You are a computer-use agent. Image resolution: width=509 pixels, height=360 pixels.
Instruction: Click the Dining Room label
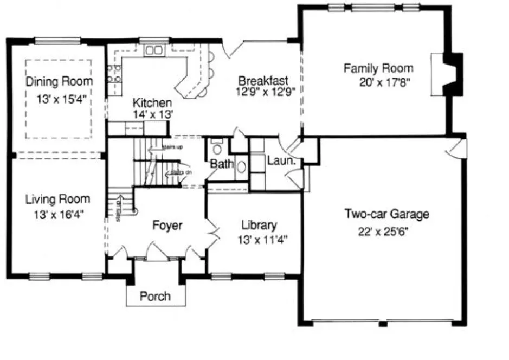pyautogui.click(x=60, y=81)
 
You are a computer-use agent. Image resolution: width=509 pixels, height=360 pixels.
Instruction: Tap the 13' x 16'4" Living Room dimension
pyautogui.click(x=57, y=214)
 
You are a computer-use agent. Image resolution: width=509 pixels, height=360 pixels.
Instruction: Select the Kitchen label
pyautogui.click(x=153, y=103)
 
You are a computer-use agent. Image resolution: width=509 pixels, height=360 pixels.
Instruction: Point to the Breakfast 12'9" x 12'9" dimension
pyautogui.click(x=265, y=92)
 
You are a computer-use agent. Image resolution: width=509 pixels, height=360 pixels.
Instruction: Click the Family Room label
pyautogui.click(x=378, y=68)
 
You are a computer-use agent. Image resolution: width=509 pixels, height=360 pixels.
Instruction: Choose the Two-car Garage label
pyautogui.click(x=386, y=214)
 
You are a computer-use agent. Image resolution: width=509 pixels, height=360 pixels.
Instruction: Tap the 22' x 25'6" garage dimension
pyautogui.click(x=384, y=230)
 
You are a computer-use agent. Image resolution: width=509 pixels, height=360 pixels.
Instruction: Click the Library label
pyautogui.click(x=259, y=225)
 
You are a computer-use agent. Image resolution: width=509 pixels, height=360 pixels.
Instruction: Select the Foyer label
pyautogui.click(x=166, y=225)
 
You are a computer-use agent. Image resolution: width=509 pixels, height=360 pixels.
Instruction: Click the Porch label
pyautogui.click(x=155, y=296)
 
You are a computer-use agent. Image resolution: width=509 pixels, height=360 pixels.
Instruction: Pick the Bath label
pyautogui.click(x=221, y=163)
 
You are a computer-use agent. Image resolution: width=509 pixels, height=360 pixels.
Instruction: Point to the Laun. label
pyautogui.click(x=281, y=161)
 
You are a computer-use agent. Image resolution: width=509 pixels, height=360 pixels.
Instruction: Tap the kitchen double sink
pyautogui.click(x=154, y=50)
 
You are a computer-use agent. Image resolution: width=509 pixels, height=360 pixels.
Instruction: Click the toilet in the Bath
pyautogui.click(x=217, y=147)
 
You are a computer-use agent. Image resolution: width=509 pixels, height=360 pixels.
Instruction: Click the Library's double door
pyautogui.click(x=212, y=234)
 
